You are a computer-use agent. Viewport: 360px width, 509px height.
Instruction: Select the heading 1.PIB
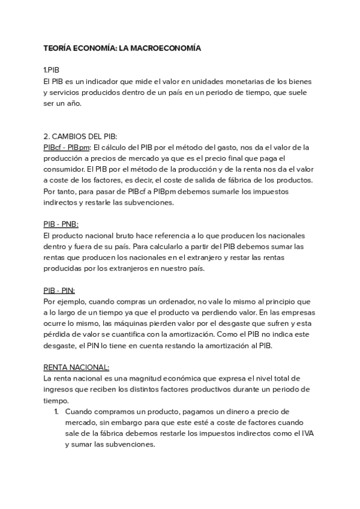[x=52, y=70]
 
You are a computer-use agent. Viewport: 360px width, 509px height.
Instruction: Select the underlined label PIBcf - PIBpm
[x=67, y=147]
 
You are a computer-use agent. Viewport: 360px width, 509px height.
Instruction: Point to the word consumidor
[x=64, y=169]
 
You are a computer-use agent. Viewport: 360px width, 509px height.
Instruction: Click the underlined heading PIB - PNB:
[x=61, y=224]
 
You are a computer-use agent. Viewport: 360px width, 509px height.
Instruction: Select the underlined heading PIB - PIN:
[x=59, y=290]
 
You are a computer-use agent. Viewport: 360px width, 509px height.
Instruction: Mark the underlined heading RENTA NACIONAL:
[x=77, y=367]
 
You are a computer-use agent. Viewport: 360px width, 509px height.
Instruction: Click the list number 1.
[x=56, y=412]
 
